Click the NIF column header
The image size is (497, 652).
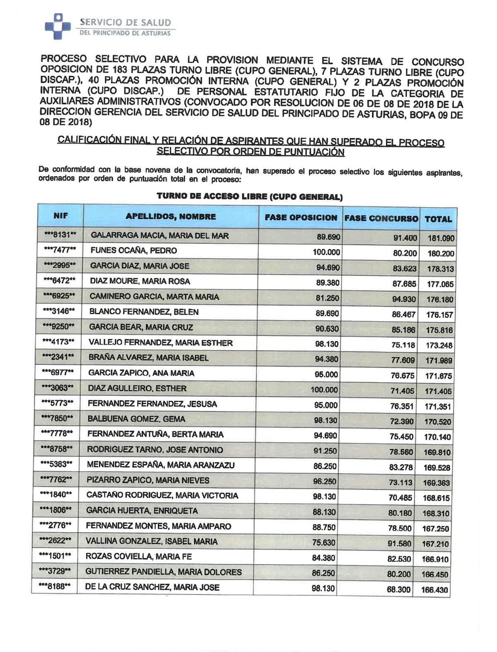[x=60, y=216]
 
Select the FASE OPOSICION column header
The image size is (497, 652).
[x=301, y=218]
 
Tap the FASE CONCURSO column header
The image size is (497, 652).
[x=381, y=218]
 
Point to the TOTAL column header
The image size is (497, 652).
[x=438, y=219]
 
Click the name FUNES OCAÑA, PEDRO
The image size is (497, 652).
[x=133, y=251]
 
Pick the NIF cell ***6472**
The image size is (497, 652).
[x=60, y=281]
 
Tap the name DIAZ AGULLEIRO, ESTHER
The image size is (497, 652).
[x=137, y=388]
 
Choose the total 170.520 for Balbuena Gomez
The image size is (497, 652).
[x=438, y=422]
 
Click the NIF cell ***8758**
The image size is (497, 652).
[x=58, y=449]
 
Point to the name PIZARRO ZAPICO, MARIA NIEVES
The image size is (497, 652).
[x=148, y=480]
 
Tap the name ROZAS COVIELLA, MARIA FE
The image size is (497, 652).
[x=138, y=557]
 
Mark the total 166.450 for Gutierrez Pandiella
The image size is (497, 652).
[x=436, y=574]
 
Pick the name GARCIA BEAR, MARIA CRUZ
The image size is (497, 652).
[x=141, y=327]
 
